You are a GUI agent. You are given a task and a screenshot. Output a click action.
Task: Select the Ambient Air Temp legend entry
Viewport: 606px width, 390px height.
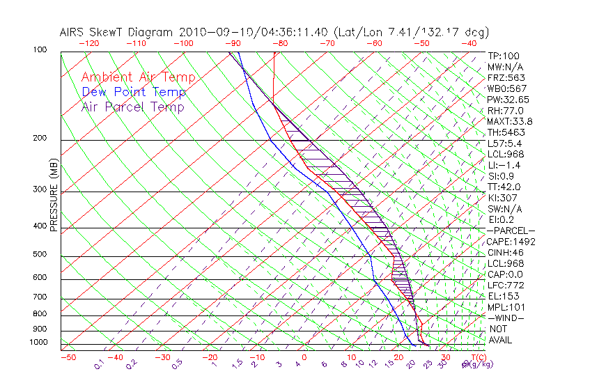click(138, 77)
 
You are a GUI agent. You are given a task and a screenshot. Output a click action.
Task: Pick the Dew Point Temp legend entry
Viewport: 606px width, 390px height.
click(134, 92)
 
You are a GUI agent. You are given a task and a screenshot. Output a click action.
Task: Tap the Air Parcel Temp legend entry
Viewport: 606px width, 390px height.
click(133, 107)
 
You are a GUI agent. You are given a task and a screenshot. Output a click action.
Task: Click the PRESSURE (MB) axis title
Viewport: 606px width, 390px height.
click(54, 196)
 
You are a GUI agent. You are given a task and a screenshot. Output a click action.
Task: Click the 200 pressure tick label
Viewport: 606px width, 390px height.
click(40, 139)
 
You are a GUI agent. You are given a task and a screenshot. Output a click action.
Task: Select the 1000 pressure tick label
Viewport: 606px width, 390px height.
click(38, 343)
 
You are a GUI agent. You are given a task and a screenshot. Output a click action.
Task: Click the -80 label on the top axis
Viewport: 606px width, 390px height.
click(280, 43)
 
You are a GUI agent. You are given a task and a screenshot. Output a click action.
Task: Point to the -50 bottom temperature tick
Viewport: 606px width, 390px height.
click(68, 357)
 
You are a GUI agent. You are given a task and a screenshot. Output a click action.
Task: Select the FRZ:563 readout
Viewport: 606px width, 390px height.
click(506, 78)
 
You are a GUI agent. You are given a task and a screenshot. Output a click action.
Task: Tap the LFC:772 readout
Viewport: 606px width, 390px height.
click(506, 286)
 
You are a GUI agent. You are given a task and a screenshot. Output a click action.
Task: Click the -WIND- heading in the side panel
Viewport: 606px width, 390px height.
click(506, 318)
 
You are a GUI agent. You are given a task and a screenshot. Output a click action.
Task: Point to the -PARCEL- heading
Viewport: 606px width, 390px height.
click(511, 231)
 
